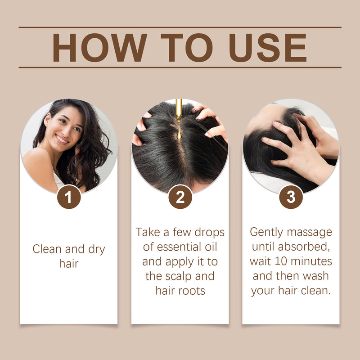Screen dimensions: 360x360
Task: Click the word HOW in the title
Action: pyautogui.click(x=99, y=48)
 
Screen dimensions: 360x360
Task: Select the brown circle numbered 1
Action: pyautogui.click(x=69, y=197)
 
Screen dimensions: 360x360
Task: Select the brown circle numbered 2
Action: pyautogui.click(x=180, y=197)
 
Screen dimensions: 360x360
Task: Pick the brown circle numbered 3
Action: pyautogui.click(x=291, y=197)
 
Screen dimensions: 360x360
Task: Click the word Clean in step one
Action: pyautogui.click(x=47, y=249)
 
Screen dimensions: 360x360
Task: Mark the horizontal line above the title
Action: pyautogui.click(x=180, y=27)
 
